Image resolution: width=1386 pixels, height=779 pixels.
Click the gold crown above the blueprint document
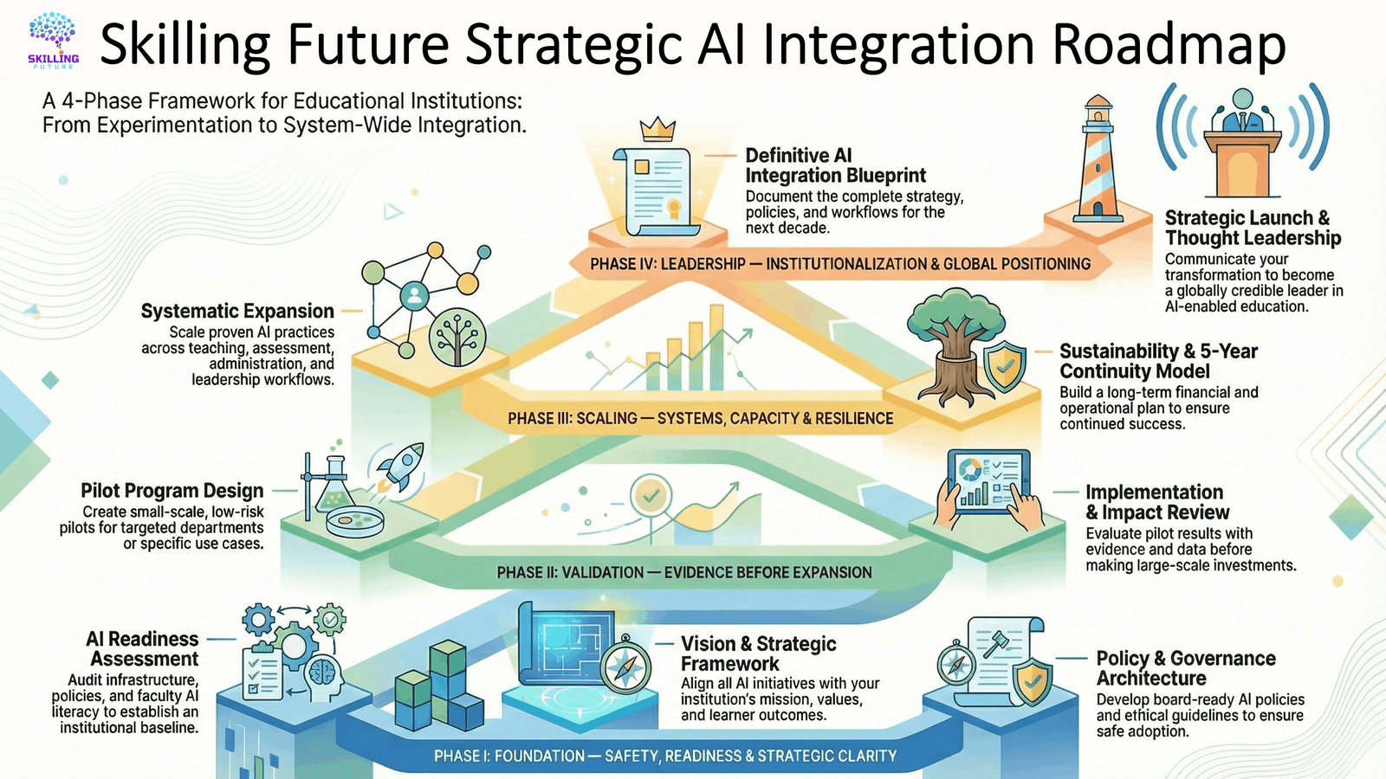pos(657,129)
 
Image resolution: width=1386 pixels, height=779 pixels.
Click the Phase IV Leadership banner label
pos(840,264)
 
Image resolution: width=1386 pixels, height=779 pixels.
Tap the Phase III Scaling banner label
pos(701,419)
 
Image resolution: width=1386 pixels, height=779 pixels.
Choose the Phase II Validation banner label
pos(684,572)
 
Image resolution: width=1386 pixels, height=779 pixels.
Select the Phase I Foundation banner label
pos(665,756)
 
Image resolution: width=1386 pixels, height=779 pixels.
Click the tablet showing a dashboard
pos(988,482)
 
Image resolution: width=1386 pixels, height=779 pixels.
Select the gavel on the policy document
pos(997,644)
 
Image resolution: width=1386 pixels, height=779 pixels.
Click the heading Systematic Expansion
pos(237,311)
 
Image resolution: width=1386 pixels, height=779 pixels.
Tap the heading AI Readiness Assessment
pos(142,648)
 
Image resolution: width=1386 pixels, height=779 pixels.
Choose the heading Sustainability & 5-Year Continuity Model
pos(1159,361)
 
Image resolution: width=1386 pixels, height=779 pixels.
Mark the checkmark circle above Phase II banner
pos(651,495)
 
